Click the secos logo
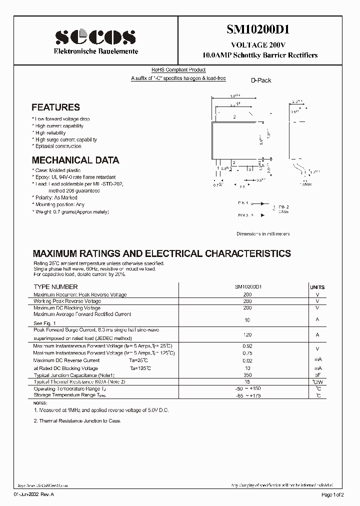pos(95,37)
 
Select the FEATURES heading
pos(55,107)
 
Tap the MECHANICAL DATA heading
pos(75,160)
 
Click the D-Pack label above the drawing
pos(261,80)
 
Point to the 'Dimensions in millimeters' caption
pos(262,233)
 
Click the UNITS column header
pos(317,287)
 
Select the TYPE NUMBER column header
pos(55,287)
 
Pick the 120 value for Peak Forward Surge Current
pos(247,334)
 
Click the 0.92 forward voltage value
pos(247,346)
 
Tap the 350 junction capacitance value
pos(247,374)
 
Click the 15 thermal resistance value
pos(247,381)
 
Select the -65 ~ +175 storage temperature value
pos(247,395)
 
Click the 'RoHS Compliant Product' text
pos(178,70)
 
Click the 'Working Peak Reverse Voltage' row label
pos(67,301)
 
